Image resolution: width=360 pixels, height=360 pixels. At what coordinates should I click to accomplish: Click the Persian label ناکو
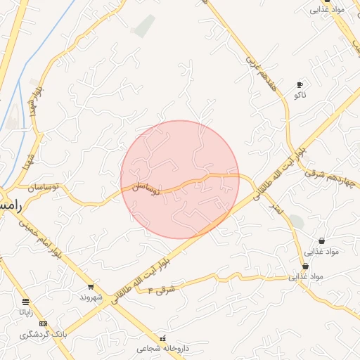[x=300, y=94]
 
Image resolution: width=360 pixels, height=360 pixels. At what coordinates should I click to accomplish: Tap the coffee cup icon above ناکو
[x=300, y=84]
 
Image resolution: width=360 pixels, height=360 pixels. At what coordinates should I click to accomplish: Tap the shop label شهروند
[x=91, y=297]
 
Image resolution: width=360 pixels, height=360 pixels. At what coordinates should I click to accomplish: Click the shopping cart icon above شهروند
[x=91, y=287]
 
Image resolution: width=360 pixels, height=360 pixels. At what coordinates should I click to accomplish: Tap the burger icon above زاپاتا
[x=26, y=302]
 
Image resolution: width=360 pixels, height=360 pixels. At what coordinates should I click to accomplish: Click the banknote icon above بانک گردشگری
[x=44, y=324]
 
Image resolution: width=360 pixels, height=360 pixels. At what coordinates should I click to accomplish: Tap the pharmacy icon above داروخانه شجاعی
[x=164, y=338]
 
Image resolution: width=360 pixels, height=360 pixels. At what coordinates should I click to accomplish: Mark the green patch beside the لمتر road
[x=297, y=221]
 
